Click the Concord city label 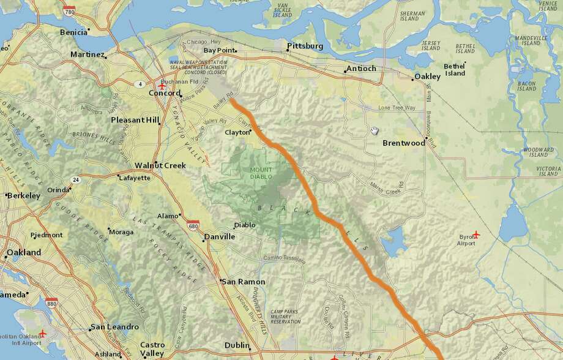[x=165, y=93]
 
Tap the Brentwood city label [x=403, y=143]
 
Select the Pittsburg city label [x=305, y=46]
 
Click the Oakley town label [x=427, y=77]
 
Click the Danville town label [x=218, y=236]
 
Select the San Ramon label [x=243, y=282]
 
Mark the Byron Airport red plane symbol [x=477, y=234]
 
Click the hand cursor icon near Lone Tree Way [x=375, y=130]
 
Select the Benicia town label [x=73, y=31]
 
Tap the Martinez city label [x=87, y=54]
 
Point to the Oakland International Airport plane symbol [x=42, y=334]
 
